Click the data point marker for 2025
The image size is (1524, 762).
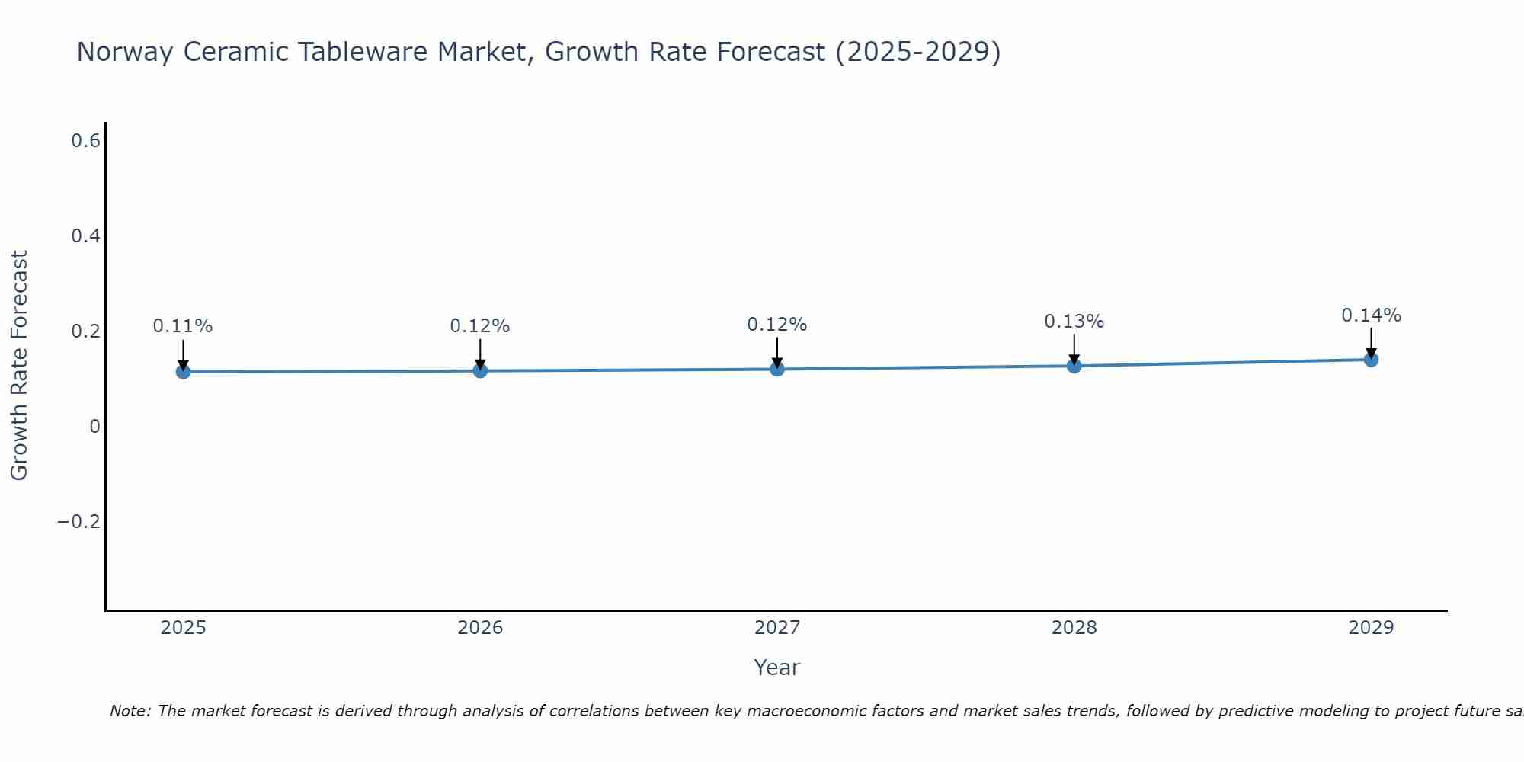tap(183, 372)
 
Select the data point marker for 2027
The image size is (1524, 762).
tap(777, 369)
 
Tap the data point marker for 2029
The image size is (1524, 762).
tap(1371, 359)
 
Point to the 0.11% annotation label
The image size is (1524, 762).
tap(183, 326)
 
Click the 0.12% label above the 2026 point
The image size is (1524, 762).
tap(480, 326)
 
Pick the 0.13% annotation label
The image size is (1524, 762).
tap(1074, 322)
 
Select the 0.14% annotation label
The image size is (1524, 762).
tap(1371, 315)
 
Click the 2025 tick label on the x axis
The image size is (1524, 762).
tap(183, 628)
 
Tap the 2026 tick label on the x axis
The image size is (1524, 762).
tap(480, 628)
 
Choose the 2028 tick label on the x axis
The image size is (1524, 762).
tap(1074, 628)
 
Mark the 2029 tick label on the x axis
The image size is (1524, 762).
tap(1371, 628)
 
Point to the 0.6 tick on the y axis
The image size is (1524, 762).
tap(85, 141)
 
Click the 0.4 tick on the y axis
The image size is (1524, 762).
tap(85, 236)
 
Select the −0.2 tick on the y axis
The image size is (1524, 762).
tap(79, 522)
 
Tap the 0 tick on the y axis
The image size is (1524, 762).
tap(94, 427)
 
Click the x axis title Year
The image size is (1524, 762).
tap(776, 668)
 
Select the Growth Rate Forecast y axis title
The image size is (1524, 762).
tap(19, 366)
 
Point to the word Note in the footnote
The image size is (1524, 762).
tap(130, 712)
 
